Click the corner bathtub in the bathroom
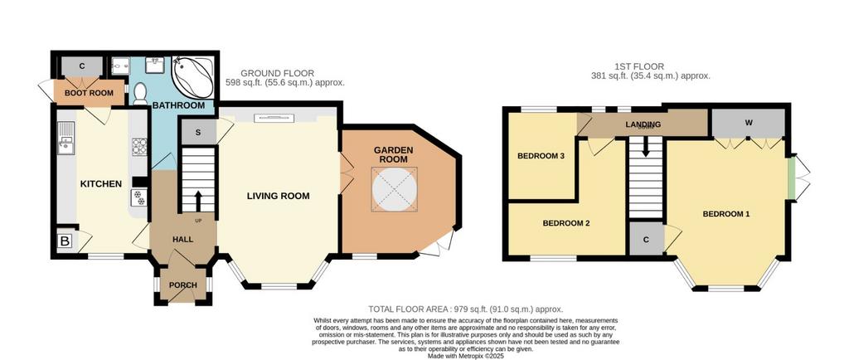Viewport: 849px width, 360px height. [x=192, y=78]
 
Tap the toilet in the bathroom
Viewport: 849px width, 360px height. [x=139, y=94]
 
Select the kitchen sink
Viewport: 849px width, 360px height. [x=66, y=137]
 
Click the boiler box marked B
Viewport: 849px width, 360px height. [x=65, y=241]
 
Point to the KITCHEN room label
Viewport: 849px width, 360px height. [x=101, y=184]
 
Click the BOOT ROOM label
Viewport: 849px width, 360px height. [x=89, y=93]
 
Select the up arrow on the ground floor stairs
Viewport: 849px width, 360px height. [x=197, y=200]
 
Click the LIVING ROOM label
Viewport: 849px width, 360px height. [x=279, y=196]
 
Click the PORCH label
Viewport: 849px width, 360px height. [x=183, y=285]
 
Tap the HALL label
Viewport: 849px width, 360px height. [x=183, y=239]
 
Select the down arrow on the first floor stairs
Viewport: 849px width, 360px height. [x=645, y=146]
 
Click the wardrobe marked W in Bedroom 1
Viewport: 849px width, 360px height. [x=749, y=123]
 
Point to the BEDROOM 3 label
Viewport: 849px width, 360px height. [x=541, y=156]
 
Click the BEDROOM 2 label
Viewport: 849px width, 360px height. [x=566, y=223]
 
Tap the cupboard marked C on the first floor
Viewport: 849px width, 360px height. [x=646, y=239]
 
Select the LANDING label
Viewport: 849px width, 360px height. [x=643, y=124]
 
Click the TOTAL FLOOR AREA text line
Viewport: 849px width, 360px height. [x=466, y=309]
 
